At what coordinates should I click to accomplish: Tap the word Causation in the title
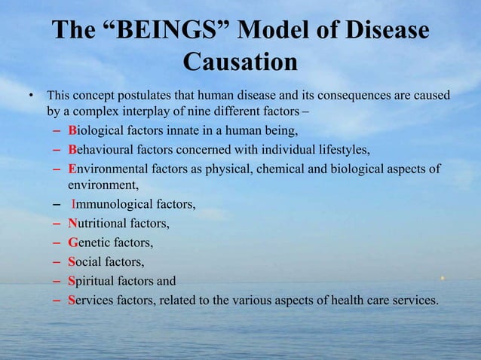point(240,63)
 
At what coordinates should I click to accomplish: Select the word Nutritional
point(96,223)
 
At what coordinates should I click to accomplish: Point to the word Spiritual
point(90,281)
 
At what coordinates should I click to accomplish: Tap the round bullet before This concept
point(31,96)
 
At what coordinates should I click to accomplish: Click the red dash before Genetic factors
point(57,243)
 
